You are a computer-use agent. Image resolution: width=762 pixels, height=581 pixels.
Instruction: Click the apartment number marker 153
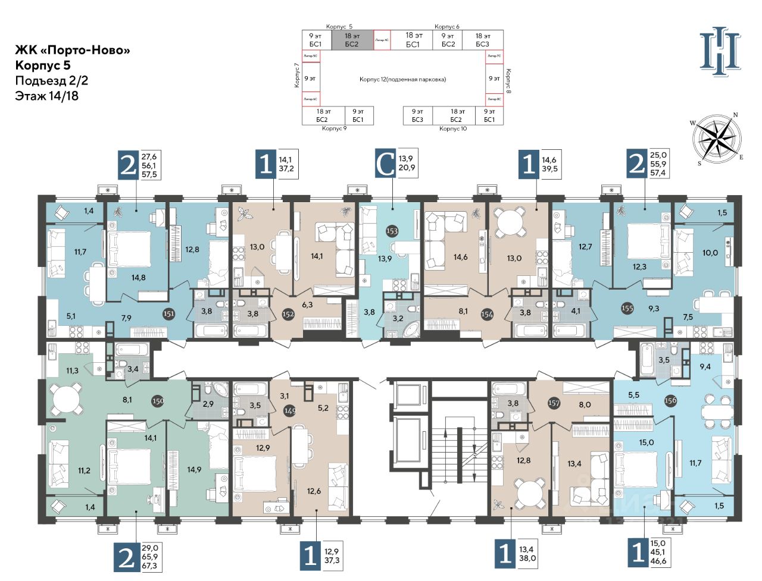click(x=392, y=231)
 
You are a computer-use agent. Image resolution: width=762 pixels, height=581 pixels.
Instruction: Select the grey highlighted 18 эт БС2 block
click(x=352, y=40)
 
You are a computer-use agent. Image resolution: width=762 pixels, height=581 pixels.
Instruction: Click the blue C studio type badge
click(x=386, y=164)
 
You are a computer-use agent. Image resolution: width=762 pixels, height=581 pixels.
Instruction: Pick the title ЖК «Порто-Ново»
click(x=73, y=51)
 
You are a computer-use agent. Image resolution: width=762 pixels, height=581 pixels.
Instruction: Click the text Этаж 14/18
click(x=47, y=95)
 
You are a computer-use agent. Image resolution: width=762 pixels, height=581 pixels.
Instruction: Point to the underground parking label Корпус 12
click(x=402, y=79)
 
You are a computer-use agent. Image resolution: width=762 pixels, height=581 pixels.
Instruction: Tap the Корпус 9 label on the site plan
click(x=334, y=128)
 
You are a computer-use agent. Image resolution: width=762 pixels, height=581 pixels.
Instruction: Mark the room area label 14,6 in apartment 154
click(x=460, y=257)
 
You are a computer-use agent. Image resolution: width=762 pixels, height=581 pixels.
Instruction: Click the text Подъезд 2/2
click(x=52, y=81)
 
